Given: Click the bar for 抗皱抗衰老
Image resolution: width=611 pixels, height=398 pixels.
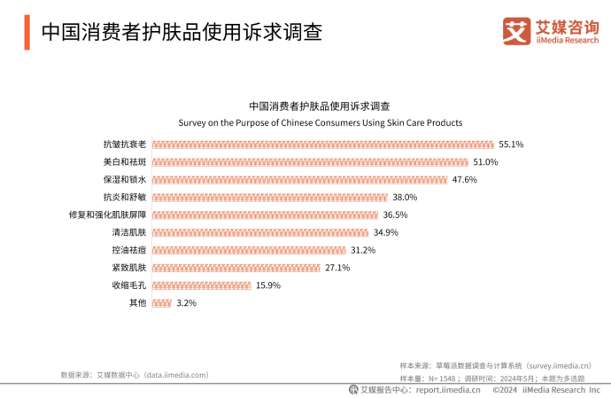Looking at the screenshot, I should pos(322,144).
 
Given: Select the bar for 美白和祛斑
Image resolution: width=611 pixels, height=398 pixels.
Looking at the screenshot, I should pos(310,162).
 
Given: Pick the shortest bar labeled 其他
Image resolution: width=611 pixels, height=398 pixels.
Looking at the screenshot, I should pos(162,303).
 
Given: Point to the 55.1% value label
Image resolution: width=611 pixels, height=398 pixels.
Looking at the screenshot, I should pos(512,144).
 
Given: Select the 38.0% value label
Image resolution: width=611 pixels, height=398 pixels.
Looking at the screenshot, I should pos(405,198).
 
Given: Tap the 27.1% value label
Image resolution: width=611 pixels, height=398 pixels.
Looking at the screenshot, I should pos(337,268).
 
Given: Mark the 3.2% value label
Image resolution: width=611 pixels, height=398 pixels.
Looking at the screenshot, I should pos(186,303).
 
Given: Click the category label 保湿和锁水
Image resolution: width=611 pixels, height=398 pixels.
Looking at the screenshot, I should pos(125,180).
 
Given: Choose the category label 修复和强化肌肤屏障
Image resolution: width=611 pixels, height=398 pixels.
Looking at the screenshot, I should pos(107,215).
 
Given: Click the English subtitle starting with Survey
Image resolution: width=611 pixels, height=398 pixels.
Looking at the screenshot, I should pos(321,122).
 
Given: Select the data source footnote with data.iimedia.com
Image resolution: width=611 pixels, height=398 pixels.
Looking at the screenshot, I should pos(135,375).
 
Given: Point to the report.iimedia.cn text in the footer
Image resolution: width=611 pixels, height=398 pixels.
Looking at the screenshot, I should pos(448,389).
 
